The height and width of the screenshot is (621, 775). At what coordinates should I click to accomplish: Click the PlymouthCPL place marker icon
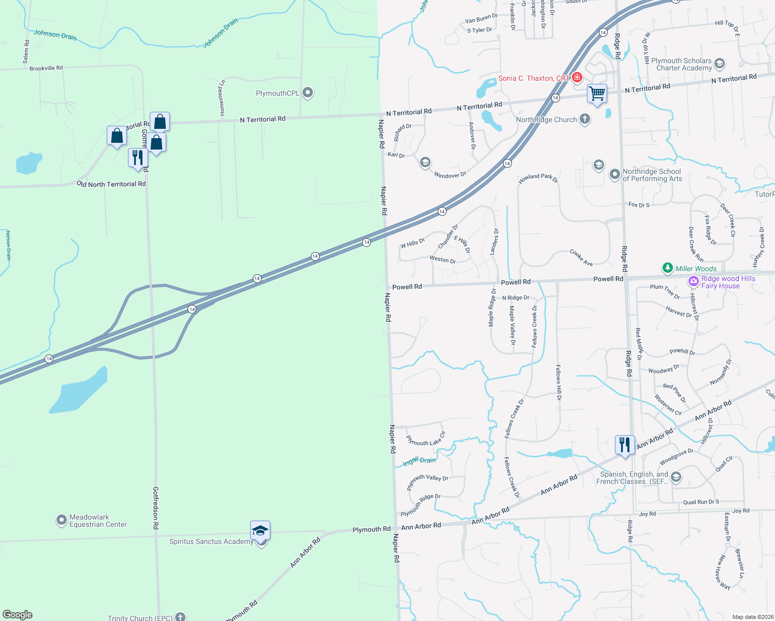(x=308, y=93)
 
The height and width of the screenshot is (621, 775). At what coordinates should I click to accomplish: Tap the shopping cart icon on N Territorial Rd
(x=597, y=94)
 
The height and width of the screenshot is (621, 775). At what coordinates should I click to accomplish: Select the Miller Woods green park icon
(x=668, y=268)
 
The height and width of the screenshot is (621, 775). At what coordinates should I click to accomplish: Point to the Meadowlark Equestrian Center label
(x=98, y=521)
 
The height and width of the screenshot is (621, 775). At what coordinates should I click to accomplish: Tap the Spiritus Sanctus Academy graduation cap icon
(x=260, y=530)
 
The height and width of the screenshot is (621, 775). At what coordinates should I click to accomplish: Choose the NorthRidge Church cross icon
(x=584, y=120)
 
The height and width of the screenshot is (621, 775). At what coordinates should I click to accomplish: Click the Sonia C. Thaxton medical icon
(x=577, y=78)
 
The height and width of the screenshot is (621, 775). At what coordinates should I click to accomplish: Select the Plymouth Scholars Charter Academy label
(x=681, y=64)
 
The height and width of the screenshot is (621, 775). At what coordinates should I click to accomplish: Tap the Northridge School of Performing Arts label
(x=652, y=175)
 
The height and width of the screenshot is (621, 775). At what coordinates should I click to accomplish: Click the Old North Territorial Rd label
(x=111, y=184)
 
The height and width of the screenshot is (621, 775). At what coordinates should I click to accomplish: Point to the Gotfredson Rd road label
(x=155, y=507)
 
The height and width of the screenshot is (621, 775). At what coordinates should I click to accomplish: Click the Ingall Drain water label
(x=420, y=461)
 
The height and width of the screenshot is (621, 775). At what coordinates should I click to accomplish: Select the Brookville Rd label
(x=46, y=68)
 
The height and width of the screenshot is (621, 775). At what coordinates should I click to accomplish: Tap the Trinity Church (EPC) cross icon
(x=180, y=617)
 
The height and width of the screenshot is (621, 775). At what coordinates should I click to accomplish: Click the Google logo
(x=18, y=615)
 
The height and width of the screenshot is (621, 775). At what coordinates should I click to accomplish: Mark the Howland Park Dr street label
(x=538, y=179)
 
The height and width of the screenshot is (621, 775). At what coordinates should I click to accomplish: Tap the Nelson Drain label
(x=8, y=245)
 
